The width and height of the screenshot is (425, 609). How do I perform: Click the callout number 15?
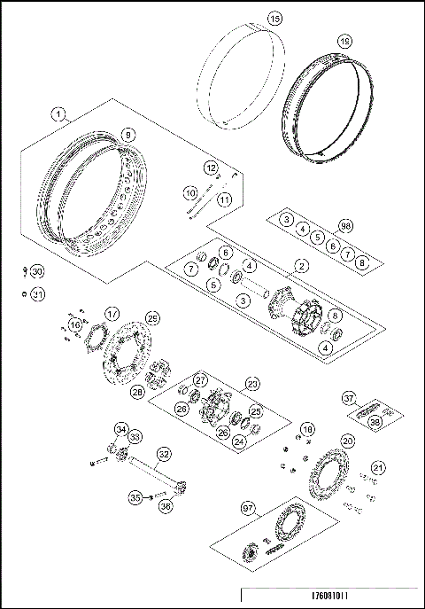pos(274,18)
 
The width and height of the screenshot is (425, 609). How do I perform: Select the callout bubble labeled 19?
pos(345,41)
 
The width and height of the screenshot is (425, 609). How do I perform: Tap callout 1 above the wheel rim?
pos(58,113)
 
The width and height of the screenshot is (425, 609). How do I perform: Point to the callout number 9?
pos(128,134)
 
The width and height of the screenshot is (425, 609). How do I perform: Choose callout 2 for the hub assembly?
pos(302,265)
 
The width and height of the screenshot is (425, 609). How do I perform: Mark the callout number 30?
pos(36,270)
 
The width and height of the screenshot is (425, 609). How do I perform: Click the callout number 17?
pos(112,313)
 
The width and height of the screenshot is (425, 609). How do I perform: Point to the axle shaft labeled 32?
pos(164,452)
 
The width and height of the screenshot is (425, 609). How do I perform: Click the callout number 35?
pos(135,497)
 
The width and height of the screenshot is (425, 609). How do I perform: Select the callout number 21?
pos(378,468)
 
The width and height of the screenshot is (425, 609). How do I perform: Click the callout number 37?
pos(349,398)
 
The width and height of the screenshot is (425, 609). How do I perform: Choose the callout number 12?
pos(211,167)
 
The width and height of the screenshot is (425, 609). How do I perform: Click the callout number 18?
pos(307,429)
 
